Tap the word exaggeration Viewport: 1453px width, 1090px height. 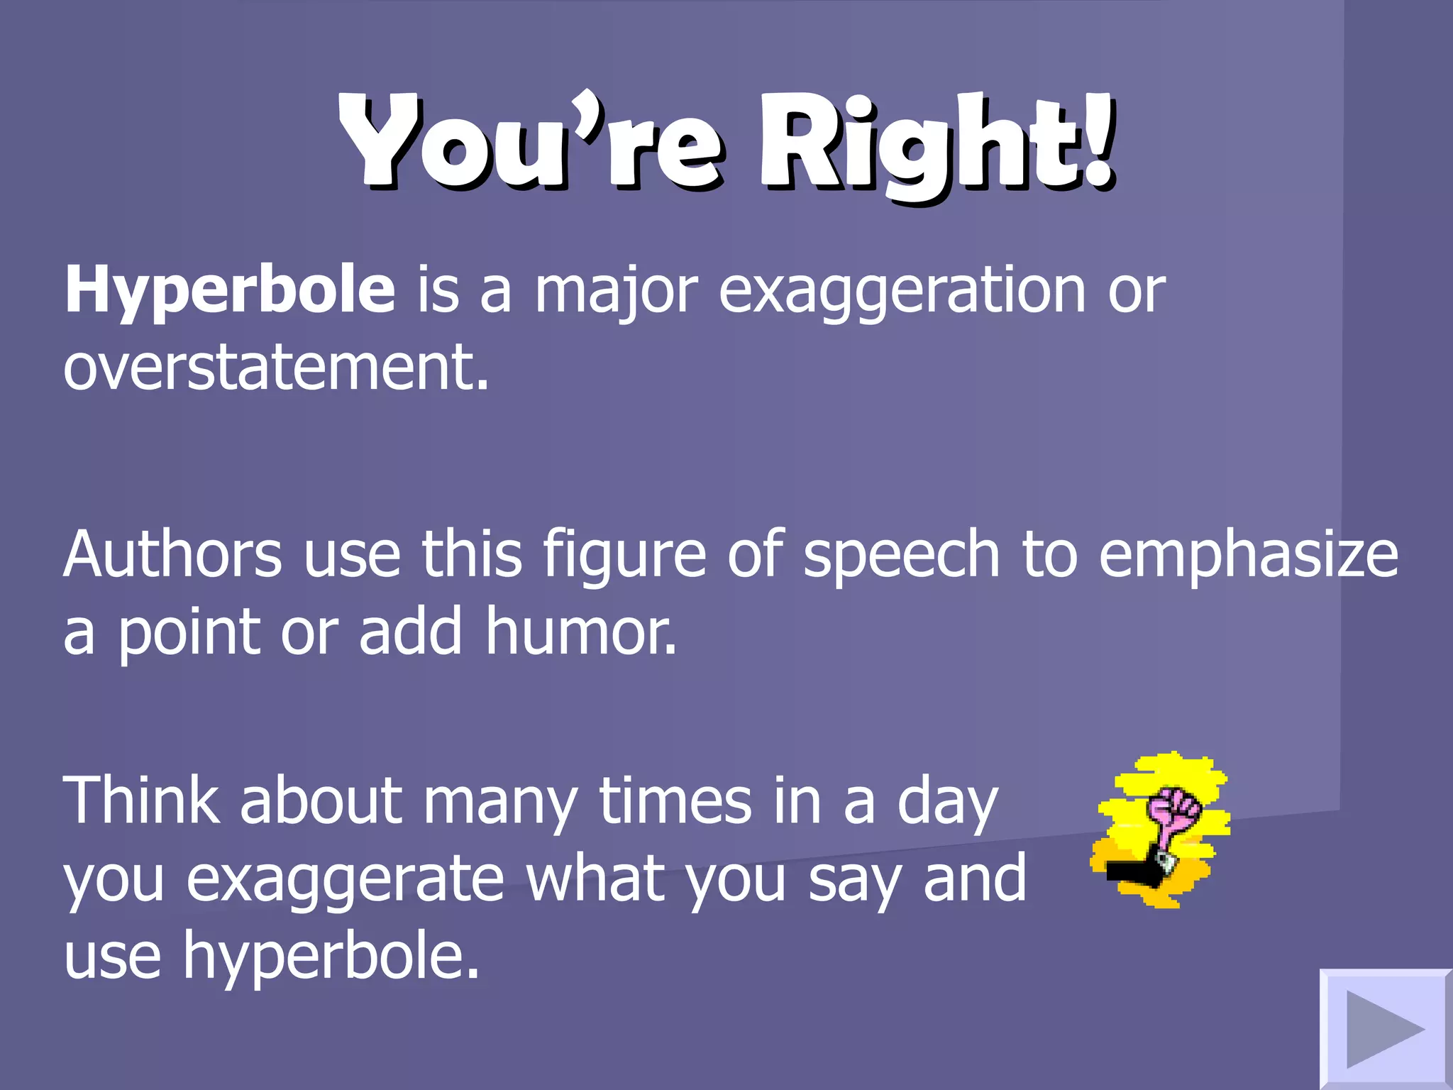coord(902,291)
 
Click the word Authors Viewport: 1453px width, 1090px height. coord(172,554)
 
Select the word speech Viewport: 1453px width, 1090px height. coord(901,554)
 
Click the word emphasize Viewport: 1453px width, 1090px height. coord(1248,554)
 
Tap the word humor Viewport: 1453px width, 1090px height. coord(580,632)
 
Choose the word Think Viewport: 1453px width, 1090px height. coord(141,801)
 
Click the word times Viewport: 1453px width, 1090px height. coord(675,801)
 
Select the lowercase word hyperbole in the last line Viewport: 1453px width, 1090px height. coord(331,957)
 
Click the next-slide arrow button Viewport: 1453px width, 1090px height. coord(1384,1028)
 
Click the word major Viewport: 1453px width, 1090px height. coord(616,291)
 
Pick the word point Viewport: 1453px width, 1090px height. coord(188,632)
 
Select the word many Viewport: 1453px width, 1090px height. coord(500,801)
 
